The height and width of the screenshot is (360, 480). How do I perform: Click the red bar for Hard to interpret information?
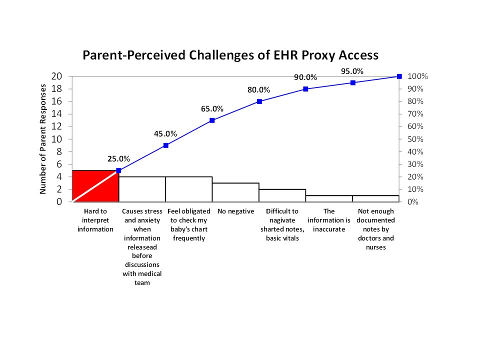[x=95, y=186]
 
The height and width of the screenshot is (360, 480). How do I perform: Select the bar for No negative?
[x=235, y=192]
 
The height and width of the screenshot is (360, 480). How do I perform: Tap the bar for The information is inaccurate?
[x=329, y=198]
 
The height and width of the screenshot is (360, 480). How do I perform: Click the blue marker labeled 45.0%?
[x=166, y=145]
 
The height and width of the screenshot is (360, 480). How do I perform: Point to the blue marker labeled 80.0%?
[x=259, y=101]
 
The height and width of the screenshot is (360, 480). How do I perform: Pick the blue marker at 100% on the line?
[x=399, y=76]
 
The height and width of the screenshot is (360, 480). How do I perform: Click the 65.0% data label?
[x=212, y=108]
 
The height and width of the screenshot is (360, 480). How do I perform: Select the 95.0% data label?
[x=352, y=71]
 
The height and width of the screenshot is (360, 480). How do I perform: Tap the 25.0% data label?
[x=119, y=158]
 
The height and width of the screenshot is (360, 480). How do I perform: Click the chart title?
[x=230, y=55]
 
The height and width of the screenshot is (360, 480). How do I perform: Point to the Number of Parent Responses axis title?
[x=43, y=139]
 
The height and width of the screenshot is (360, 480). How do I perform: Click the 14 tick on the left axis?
[x=56, y=114]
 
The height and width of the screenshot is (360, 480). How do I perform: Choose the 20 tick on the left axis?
[x=56, y=76]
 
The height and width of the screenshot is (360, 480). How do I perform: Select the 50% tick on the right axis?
[x=415, y=139]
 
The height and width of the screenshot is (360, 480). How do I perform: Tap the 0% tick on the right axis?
[x=413, y=201]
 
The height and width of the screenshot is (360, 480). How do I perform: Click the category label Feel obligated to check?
[x=189, y=224]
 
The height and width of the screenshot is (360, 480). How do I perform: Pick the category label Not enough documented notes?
[x=376, y=229]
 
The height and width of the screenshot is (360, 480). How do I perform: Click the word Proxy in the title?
[x=317, y=55]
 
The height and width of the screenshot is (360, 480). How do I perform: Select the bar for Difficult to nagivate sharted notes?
[x=282, y=195]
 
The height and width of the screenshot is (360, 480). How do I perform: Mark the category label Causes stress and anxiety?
[x=142, y=246]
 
